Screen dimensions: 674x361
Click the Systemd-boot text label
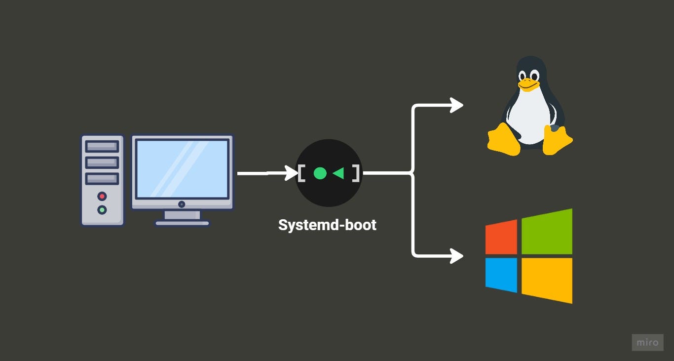point(327,225)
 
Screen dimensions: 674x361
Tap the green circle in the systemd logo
point(320,173)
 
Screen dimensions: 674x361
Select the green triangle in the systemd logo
point(339,173)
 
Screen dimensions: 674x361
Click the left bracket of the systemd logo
point(301,173)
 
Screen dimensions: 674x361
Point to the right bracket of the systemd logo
point(356,173)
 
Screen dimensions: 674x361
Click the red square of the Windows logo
point(501,237)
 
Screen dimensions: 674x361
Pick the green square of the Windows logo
point(547,232)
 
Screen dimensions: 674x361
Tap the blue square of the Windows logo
point(501,275)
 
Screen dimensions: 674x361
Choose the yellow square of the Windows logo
point(547,281)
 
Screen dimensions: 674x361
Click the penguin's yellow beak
point(528,84)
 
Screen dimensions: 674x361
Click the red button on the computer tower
point(102,197)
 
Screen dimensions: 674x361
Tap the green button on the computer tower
point(102,210)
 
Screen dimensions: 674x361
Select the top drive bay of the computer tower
point(102,146)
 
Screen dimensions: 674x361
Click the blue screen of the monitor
point(182,168)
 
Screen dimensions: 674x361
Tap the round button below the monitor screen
point(182,204)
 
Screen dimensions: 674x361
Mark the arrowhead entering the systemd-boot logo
point(291,173)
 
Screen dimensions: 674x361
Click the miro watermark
point(647,342)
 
